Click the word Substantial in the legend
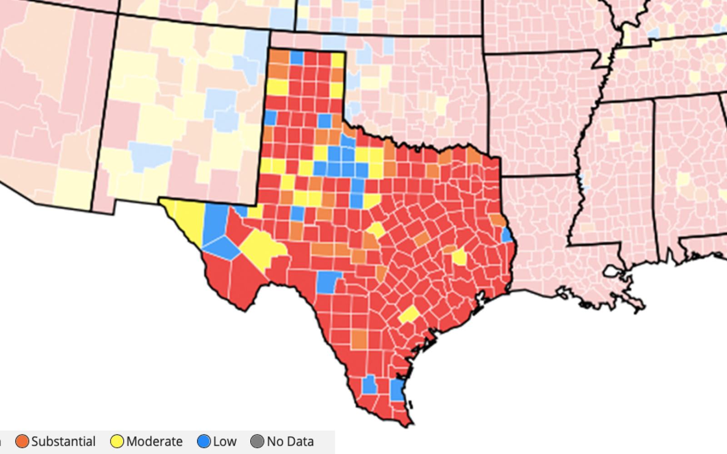point(63,441)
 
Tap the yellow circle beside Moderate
point(117,441)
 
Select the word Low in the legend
point(224,441)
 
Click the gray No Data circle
point(257,441)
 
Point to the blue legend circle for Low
point(204,441)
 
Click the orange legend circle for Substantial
point(22,441)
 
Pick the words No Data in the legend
point(290,441)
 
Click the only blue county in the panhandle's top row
point(296,58)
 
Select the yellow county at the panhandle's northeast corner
point(337,59)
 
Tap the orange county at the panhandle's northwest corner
point(279,57)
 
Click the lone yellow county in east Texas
point(459,257)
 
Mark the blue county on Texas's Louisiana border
point(507,235)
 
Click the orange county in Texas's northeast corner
point(473,156)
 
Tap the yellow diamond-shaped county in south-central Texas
point(409,314)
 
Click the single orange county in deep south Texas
point(359,339)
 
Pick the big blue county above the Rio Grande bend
point(328,281)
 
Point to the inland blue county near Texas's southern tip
point(369,385)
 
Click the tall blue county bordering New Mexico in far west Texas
point(214,222)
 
